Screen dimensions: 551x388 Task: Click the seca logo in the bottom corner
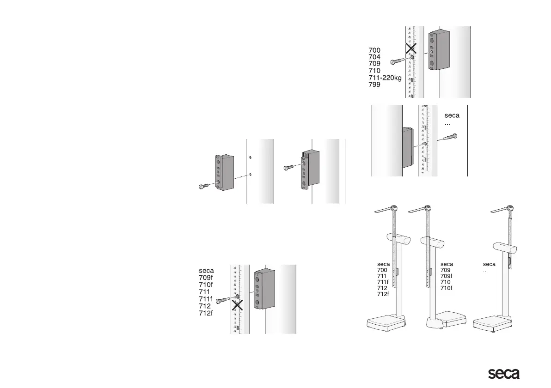[x=504, y=374]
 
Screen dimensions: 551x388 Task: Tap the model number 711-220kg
[x=385, y=78]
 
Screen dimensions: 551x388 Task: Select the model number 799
[x=374, y=85]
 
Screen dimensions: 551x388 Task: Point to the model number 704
[x=374, y=57]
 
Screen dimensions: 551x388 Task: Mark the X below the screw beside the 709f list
[x=238, y=305]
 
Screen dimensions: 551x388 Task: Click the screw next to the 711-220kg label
[x=398, y=61]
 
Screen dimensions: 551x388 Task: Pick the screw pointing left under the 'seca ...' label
[x=450, y=137]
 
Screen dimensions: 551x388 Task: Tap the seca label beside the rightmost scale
[x=489, y=264]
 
